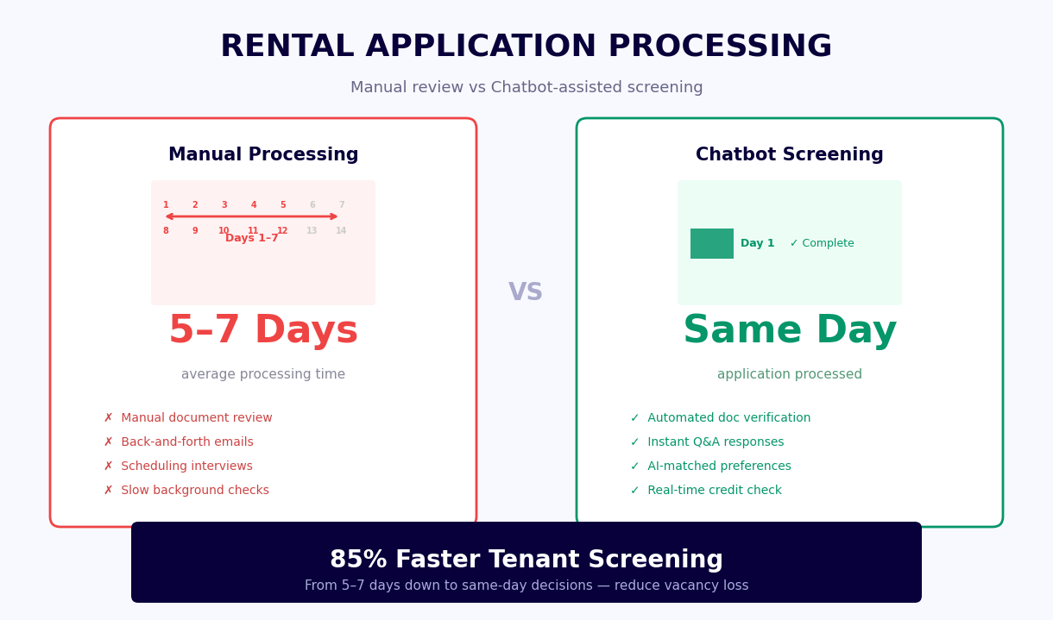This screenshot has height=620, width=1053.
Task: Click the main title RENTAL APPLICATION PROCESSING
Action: tap(526, 47)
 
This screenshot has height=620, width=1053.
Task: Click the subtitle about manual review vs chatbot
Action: tap(526, 88)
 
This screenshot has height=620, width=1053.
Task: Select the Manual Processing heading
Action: tap(263, 155)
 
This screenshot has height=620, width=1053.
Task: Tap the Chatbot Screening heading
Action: tap(789, 155)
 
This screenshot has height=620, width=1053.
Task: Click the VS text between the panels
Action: tap(526, 292)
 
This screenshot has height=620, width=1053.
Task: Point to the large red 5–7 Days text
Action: tap(263, 331)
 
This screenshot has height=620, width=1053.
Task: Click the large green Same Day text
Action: tap(789, 331)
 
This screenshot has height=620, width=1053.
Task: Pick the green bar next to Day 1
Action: tap(712, 244)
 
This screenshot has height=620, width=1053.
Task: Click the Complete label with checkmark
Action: tap(822, 244)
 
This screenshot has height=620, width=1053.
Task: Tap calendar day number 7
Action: tap(342, 205)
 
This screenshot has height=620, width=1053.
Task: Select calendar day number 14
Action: tap(342, 231)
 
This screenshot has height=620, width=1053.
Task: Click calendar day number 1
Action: tap(166, 205)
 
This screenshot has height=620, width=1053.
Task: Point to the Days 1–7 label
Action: tap(252, 239)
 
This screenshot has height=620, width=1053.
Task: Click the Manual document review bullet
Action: tap(188, 418)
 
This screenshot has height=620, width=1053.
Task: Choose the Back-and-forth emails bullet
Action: tap(179, 442)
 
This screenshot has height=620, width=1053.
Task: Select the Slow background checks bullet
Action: tap(186, 491)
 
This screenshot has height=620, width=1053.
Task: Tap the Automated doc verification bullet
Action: tap(721, 418)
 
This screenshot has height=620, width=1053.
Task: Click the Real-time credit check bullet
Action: tap(706, 491)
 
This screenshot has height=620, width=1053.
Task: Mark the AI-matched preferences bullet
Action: tap(710, 467)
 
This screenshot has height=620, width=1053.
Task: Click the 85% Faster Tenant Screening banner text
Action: tap(526, 561)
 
